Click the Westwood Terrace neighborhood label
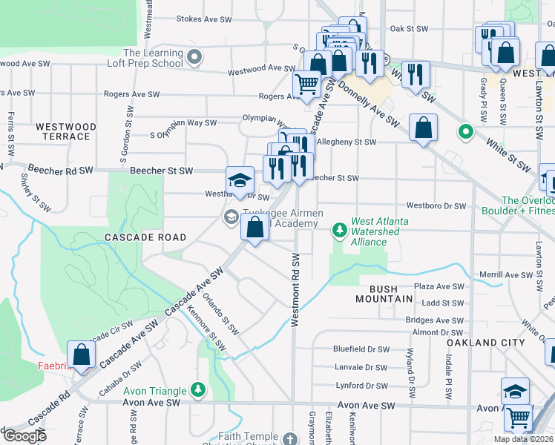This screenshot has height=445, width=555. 66,132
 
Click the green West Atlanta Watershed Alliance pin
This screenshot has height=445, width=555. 340,231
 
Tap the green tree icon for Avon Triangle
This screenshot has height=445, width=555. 197,389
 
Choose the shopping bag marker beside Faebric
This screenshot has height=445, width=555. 82,355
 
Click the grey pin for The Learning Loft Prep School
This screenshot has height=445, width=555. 194,57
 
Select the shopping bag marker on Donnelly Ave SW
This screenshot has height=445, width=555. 423,128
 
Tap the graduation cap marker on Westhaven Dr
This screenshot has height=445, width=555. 240,181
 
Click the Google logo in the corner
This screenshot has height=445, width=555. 24,436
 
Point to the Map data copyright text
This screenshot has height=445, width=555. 523,439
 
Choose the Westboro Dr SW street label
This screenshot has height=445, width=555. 436,205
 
